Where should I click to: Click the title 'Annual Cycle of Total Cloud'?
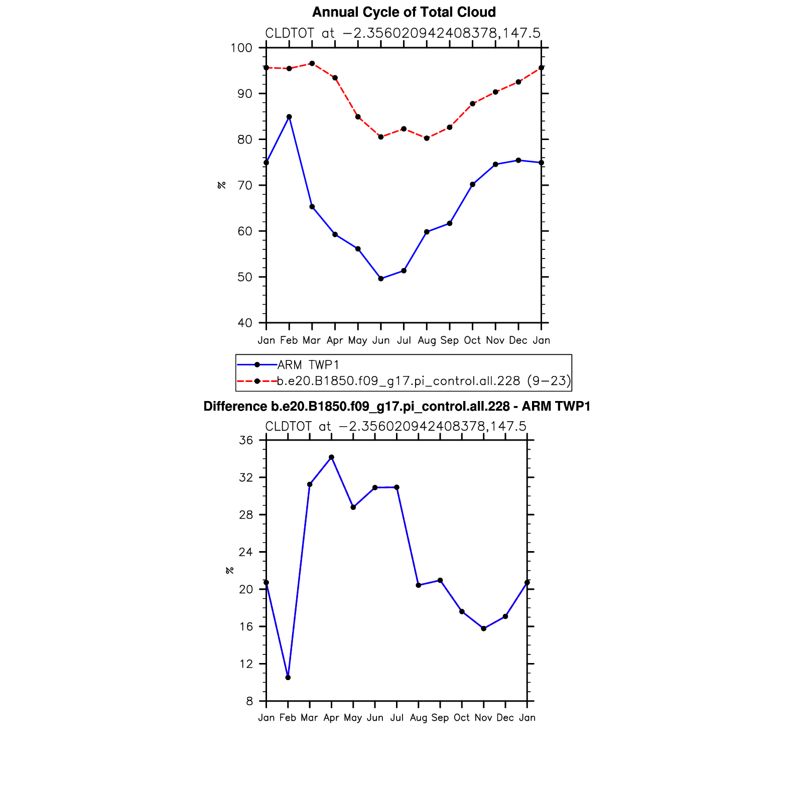404,12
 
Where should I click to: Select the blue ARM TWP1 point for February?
289,117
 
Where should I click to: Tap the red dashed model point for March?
312,64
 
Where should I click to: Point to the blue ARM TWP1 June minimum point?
381,279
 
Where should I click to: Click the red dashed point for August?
427,138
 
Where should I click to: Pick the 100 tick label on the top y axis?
241,48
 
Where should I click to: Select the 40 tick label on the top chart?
245,323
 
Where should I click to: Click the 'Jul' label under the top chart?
404,340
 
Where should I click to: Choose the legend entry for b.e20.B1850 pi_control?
424,381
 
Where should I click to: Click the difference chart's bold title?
397,407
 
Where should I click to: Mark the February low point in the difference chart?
288,678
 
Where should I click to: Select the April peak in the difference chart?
331,457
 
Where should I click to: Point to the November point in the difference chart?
483,628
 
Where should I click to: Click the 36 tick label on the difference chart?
246,440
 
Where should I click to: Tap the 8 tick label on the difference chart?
249,701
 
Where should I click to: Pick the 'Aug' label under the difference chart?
418,718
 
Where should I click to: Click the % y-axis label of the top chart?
221,185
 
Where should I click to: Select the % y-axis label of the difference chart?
229,570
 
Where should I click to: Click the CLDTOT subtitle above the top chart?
403,33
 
